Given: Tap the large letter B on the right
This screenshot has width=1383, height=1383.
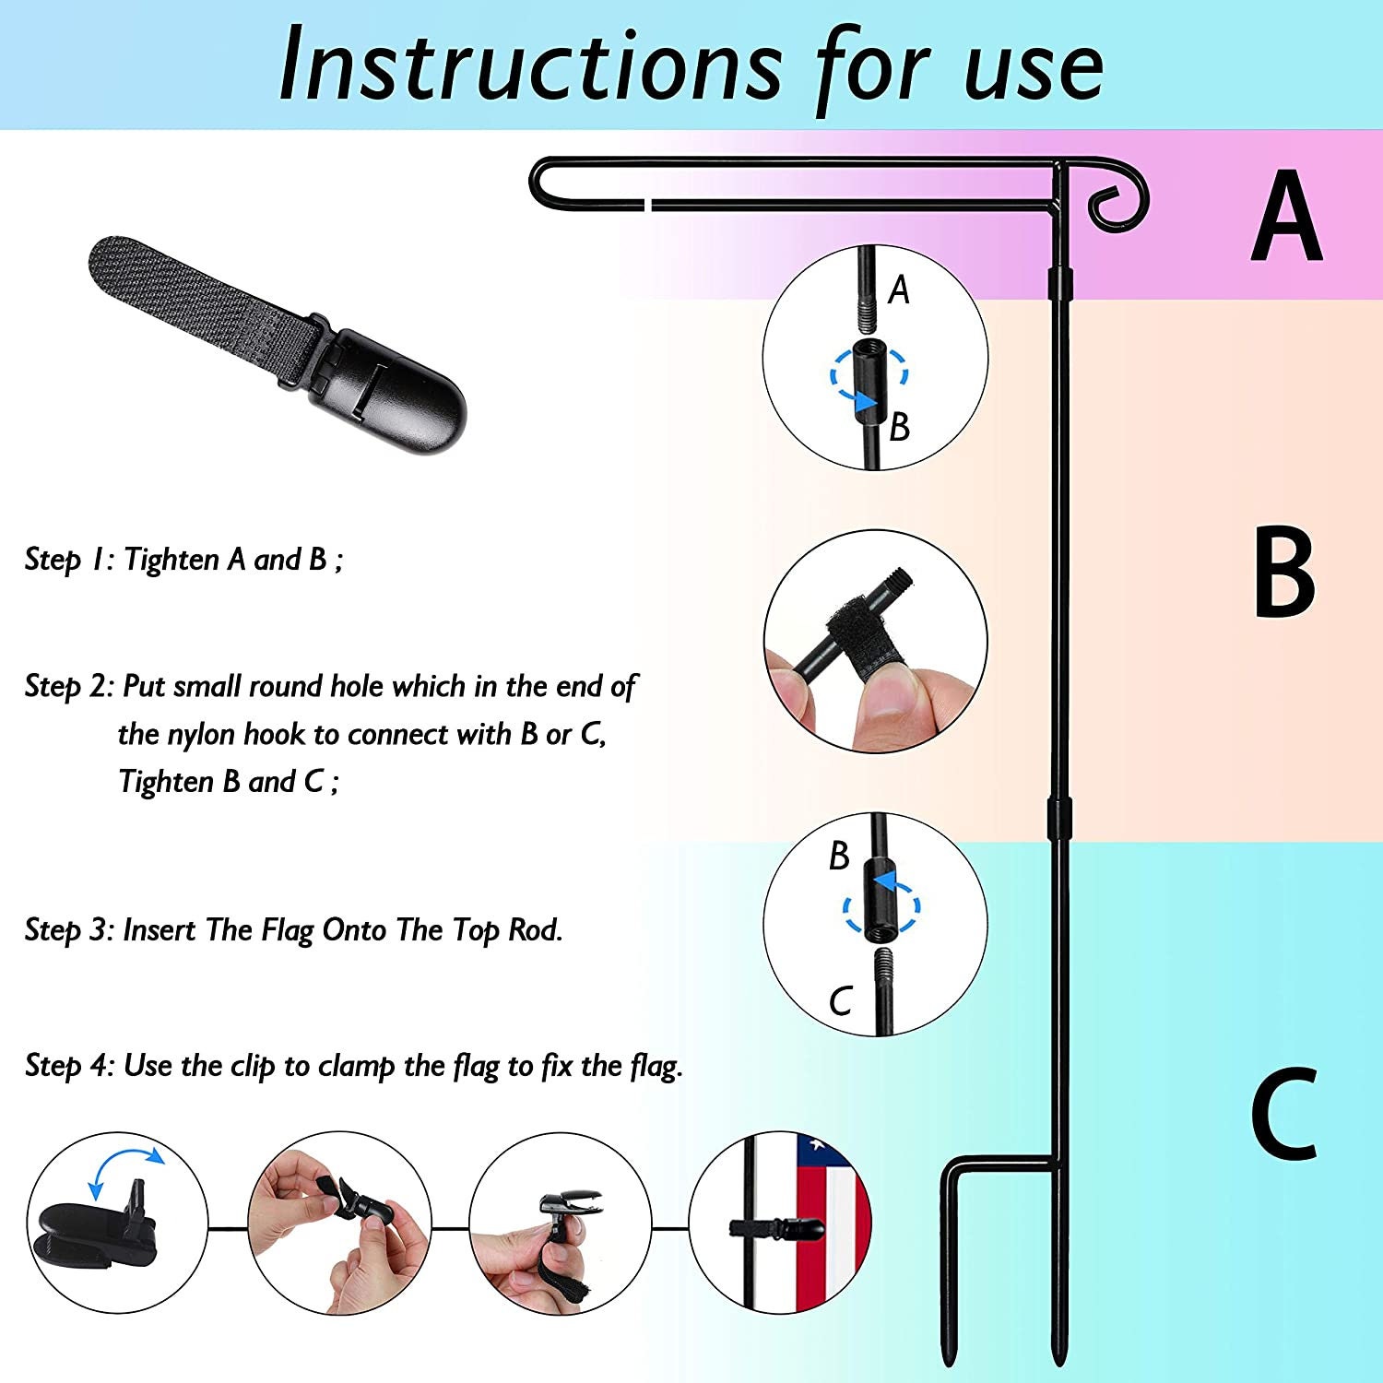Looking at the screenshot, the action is tap(1284, 572).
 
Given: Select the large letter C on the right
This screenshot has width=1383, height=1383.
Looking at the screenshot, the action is tap(1284, 1113).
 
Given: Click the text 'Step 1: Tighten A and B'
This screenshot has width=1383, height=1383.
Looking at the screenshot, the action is tap(183, 560).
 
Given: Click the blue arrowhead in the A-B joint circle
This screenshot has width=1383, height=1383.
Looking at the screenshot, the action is tap(865, 402).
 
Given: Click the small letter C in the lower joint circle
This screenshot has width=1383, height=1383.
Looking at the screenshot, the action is tap(840, 1001).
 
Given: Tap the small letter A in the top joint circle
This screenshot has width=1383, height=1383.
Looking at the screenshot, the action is tap(899, 290).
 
